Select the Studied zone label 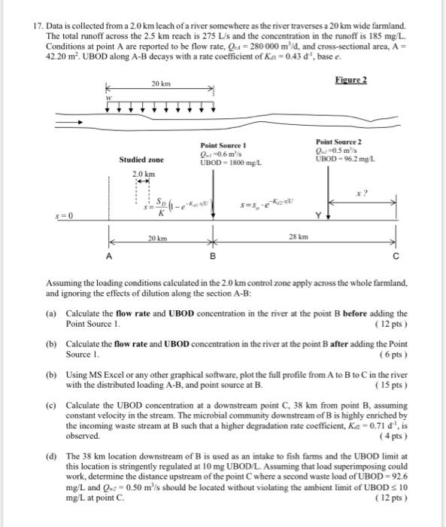coord(141,160)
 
